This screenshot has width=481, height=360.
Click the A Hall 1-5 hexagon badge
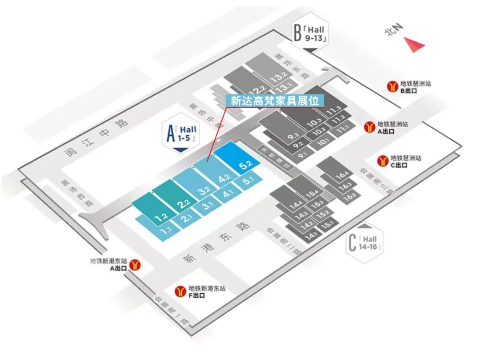(x=181, y=134)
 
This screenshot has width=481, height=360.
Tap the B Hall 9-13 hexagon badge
(x=311, y=34)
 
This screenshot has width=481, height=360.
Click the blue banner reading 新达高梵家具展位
(x=274, y=101)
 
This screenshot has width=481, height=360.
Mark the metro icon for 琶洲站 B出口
(x=393, y=86)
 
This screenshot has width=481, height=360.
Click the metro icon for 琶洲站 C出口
(x=383, y=161)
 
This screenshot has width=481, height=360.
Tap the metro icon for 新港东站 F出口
(x=180, y=291)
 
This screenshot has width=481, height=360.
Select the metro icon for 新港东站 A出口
(x=135, y=265)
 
